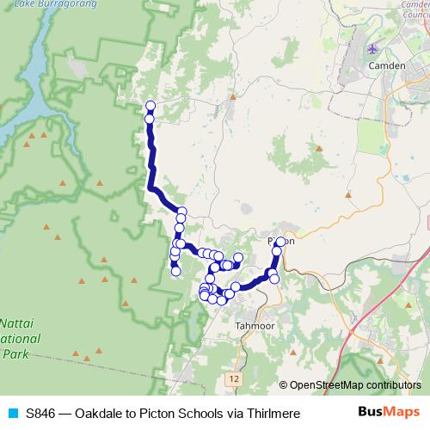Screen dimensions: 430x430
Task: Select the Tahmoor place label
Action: [254, 326]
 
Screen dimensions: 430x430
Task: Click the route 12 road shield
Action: [235, 378]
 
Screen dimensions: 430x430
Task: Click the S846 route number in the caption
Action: [41, 414]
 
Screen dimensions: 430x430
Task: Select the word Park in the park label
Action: [15, 353]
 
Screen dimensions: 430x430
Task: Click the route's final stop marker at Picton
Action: [280, 242]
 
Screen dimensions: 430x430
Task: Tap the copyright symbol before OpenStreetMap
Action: [284, 385]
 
